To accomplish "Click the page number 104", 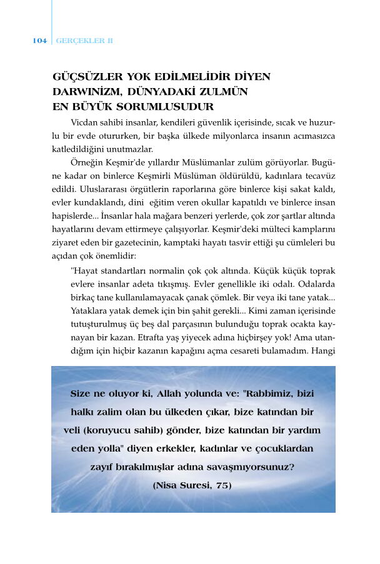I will pyautogui.click(x=39, y=41).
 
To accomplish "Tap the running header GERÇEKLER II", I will pyautogui.click(x=84, y=41).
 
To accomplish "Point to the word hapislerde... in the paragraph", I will pyautogui.click(x=73, y=216).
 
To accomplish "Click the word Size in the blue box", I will pyautogui.click(x=85, y=395).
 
